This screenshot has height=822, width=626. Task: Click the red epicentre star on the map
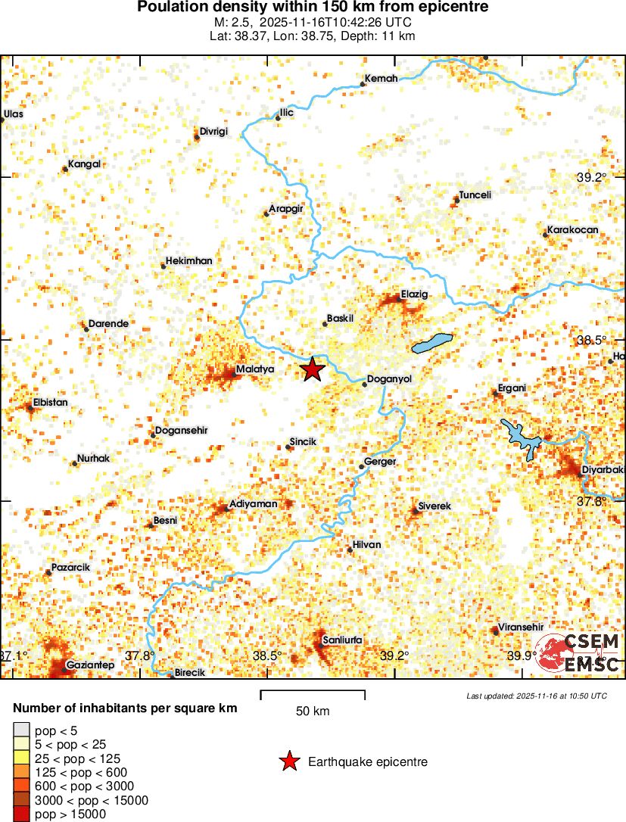(x=312, y=369)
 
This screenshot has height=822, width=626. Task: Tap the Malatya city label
(x=254, y=369)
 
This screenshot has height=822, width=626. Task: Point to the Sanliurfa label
(x=342, y=640)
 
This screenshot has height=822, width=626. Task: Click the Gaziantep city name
(x=90, y=665)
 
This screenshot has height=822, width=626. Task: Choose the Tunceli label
(x=475, y=195)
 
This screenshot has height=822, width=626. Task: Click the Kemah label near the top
(x=381, y=79)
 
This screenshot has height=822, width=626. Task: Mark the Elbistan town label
(x=51, y=403)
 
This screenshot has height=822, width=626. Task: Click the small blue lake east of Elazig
(x=432, y=343)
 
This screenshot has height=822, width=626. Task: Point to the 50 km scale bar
(x=313, y=695)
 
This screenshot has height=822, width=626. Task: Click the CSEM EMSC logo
(x=579, y=653)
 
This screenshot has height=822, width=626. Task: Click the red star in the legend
(x=288, y=762)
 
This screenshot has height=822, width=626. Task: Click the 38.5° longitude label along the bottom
(x=267, y=655)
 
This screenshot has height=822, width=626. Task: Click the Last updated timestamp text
(x=536, y=696)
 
